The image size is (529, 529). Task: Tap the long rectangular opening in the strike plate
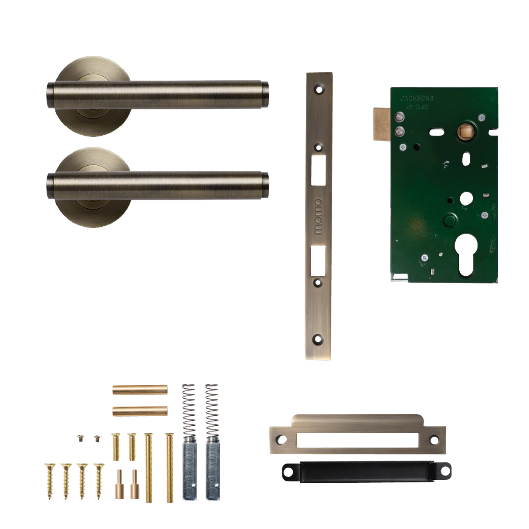click(x=356, y=440)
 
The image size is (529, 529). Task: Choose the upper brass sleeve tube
click(x=140, y=389)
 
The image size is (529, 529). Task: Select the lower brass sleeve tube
click(x=140, y=410)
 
